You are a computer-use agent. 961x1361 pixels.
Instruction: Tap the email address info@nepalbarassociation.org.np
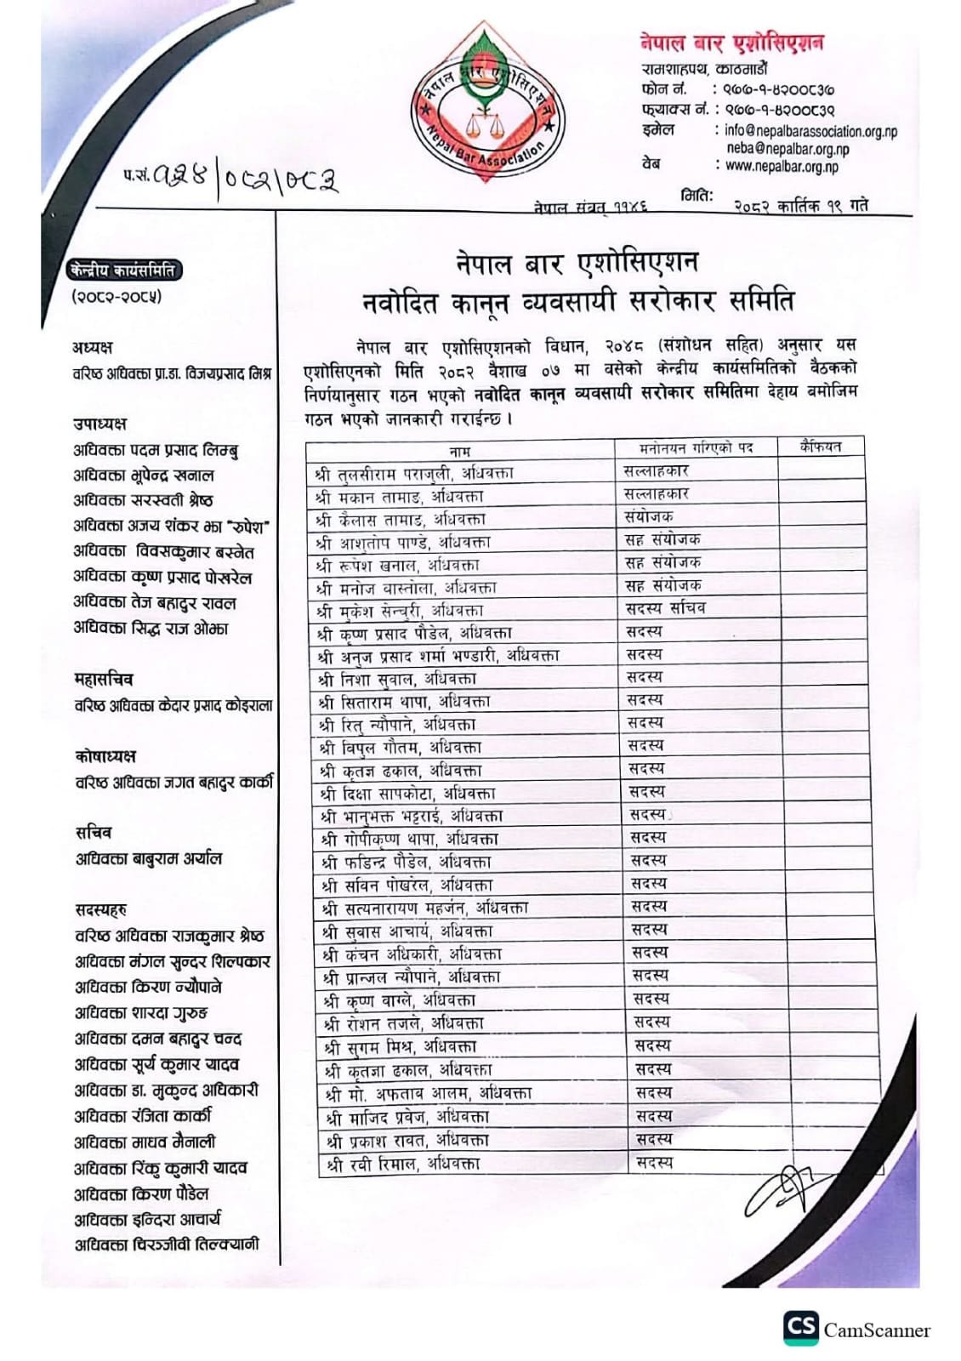[x=810, y=131]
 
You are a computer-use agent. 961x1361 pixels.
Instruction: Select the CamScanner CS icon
[x=800, y=1328]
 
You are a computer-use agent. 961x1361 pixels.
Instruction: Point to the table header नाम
[x=459, y=450]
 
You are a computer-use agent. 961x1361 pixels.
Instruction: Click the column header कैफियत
[x=820, y=447]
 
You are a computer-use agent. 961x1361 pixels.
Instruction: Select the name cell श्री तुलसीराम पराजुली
[x=414, y=473]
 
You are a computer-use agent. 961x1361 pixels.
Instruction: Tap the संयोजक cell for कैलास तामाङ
[x=648, y=516]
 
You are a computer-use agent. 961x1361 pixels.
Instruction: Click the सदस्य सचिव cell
[x=665, y=608]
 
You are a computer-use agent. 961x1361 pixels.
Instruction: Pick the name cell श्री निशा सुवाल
[x=397, y=679]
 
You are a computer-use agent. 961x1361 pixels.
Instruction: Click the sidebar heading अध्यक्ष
[x=93, y=347]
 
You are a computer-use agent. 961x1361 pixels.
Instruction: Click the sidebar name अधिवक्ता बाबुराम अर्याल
[x=149, y=859]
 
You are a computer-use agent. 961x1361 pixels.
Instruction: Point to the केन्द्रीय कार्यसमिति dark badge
[x=123, y=270]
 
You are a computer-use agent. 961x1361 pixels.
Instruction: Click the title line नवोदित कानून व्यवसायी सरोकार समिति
[x=577, y=302]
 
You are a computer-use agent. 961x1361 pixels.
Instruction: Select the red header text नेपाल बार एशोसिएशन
[x=731, y=43]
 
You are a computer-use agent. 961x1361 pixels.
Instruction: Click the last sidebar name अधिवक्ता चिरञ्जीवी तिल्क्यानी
[x=167, y=1245]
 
